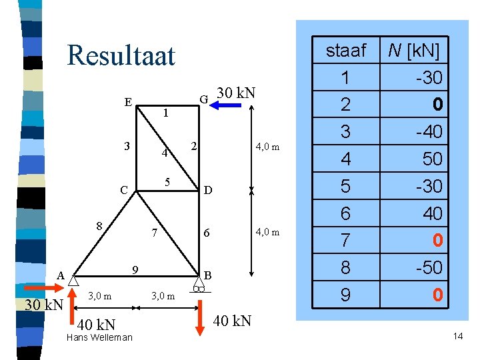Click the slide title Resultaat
pyautogui.click(x=121, y=55)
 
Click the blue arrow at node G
pyautogui.click(x=227, y=104)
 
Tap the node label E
pyautogui.click(x=127, y=103)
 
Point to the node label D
pyautogui.click(x=208, y=191)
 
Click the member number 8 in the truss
pyautogui.click(x=99, y=225)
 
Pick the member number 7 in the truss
pyautogui.click(x=154, y=233)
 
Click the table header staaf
pyautogui.click(x=345, y=51)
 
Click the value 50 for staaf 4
pyautogui.click(x=430, y=159)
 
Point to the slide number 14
pyautogui.click(x=457, y=336)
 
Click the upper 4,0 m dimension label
pyautogui.click(x=266, y=147)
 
